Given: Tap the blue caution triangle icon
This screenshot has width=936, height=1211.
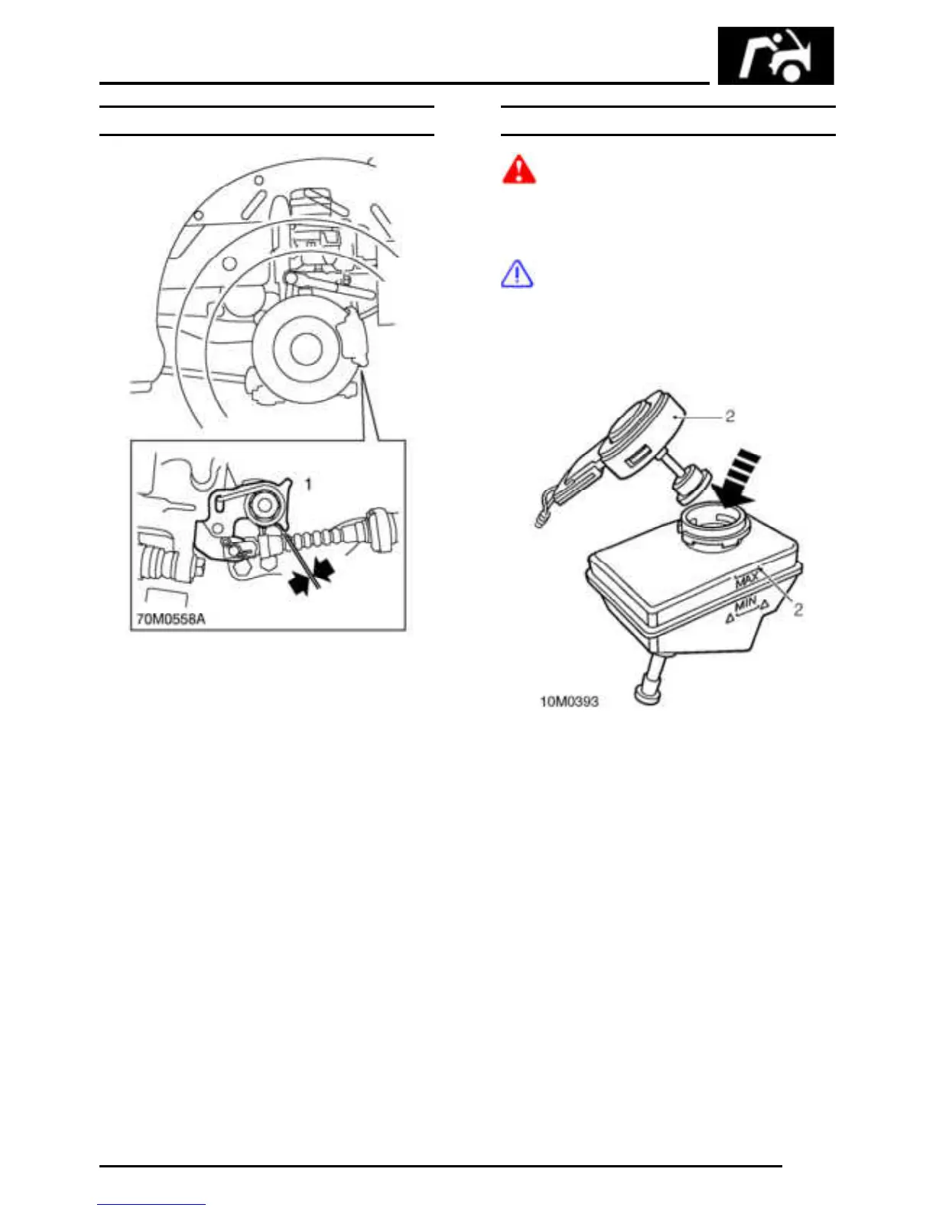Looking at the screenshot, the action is (x=517, y=274).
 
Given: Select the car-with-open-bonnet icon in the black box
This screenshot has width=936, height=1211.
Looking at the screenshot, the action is (x=775, y=56).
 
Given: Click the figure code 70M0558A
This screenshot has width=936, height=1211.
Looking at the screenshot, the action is (x=171, y=618).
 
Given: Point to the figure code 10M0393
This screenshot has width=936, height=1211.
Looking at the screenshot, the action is (x=569, y=701).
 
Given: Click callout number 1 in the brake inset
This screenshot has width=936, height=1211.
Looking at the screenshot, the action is (x=308, y=484).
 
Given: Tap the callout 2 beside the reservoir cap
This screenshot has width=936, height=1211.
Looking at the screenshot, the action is (x=730, y=417).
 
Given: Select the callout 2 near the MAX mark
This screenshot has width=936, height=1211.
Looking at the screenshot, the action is (x=798, y=609).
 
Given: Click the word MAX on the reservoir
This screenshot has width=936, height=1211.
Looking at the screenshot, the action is (x=747, y=580).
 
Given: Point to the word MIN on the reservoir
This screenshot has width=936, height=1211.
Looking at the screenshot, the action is (x=746, y=605).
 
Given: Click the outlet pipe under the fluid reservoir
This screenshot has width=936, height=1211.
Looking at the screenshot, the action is (x=651, y=680).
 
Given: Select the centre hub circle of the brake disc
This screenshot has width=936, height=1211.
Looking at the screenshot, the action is (x=305, y=349).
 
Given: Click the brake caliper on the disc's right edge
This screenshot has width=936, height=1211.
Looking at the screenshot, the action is (x=355, y=337).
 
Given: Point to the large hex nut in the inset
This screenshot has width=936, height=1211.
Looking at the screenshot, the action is (x=265, y=504).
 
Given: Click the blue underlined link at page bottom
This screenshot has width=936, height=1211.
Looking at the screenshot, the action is (x=151, y=1204).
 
